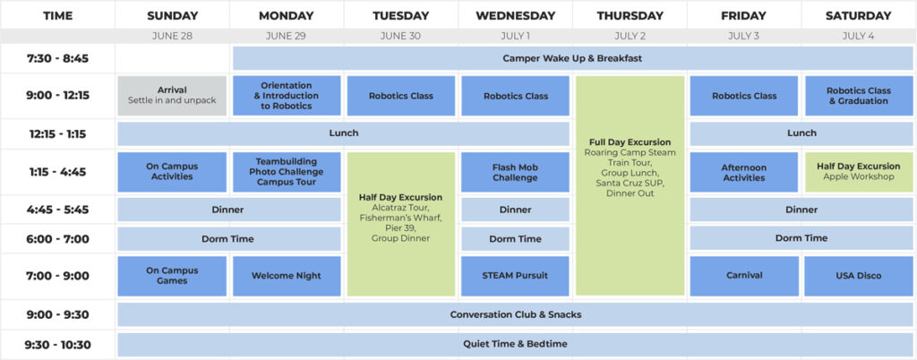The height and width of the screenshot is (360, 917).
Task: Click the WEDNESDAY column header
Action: click(515, 16)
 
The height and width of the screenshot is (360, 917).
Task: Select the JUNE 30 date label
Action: click(400, 36)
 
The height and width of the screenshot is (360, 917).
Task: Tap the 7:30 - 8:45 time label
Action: click(57, 58)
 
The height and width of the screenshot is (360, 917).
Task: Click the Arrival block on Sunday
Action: click(172, 95)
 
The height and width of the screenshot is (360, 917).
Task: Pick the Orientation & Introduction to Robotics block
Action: click(287, 95)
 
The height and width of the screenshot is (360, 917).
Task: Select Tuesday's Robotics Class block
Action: click(401, 95)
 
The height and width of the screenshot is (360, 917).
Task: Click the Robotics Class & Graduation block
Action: click(859, 95)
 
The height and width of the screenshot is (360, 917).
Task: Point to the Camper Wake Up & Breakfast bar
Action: click(572, 58)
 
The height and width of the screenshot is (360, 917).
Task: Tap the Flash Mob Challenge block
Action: click(515, 173)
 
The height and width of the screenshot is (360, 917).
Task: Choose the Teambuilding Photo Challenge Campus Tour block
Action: click(287, 173)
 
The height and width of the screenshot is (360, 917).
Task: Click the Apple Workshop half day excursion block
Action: click(859, 173)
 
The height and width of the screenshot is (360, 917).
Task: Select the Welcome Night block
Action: click(287, 276)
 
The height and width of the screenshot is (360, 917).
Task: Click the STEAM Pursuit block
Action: click(515, 276)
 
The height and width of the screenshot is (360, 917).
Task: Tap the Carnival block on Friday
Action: click(744, 276)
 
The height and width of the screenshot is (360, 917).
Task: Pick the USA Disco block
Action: click(859, 276)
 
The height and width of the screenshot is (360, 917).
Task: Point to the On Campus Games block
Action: click(172, 276)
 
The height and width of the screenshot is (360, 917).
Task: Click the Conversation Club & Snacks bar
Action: click(515, 314)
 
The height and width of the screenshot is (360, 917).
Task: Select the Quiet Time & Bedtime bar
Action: click(515, 344)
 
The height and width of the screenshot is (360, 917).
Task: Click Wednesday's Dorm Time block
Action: click(515, 239)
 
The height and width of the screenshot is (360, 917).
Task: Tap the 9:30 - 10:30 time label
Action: click(57, 345)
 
